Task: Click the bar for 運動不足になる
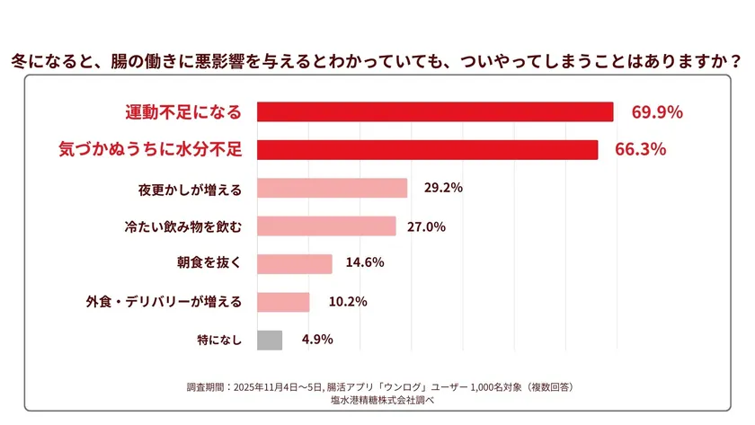point(435,112)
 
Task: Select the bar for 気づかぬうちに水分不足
point(427,150)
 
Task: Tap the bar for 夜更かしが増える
point(332,188)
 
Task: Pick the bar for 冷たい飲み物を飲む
point(326,226)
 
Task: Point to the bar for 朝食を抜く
point(295,263)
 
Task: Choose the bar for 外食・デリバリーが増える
point(283,302)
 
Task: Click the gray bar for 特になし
point(270,340)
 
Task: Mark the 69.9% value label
point(657,112)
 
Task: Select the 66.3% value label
point(640,150)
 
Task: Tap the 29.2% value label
point(443,188)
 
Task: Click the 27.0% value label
point(427,226)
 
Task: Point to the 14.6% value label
point(365,263)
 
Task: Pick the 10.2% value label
point(348,302)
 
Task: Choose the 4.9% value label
point(317,340)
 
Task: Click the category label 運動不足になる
point(183,112)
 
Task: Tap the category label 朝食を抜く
point(209,263)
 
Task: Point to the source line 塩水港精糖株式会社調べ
point(378,400)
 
